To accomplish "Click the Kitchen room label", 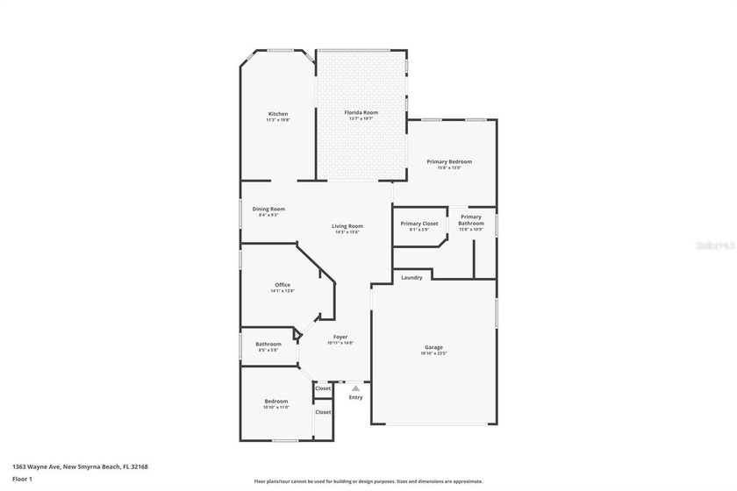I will (x=278, y=114).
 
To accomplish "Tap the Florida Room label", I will (x=361, y=112).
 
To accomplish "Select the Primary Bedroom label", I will (x=449, y=161).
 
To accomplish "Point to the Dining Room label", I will (x=268, y=209).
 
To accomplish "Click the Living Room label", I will (x=348, y=226).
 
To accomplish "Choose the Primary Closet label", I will (x=419, y=224).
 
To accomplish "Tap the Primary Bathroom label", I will (x=471, y=220).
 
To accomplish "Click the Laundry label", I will (x=411, y=278).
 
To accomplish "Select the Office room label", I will (x=283, y=285).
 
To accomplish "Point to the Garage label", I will (x=433, y=347).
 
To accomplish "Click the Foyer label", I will (x=340, y=337).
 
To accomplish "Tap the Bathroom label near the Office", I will (x=268, y=344).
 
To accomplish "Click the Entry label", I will (x=355, y=397).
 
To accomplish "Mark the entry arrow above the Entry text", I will (x=354, y=387).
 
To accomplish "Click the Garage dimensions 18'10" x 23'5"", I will (x=433, y=354).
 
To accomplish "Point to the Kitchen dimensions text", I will (x=278, y=120).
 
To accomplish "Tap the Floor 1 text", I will (x=22, y=479).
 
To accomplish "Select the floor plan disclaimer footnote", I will (x=368, y=481).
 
